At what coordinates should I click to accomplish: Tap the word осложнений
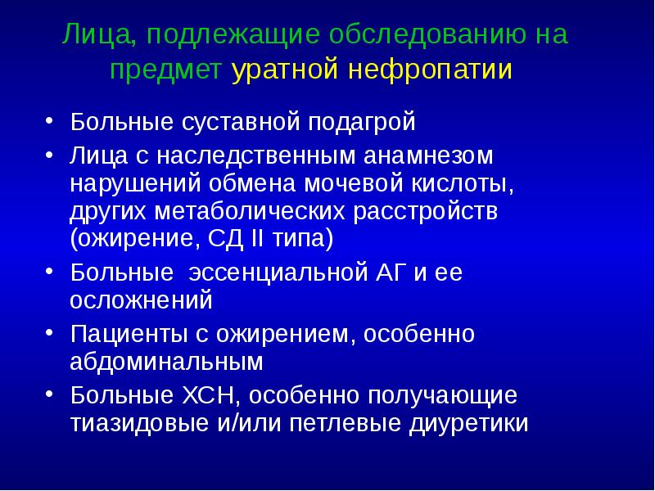[x=142, y=300]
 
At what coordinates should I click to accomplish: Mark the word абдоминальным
[x=166, y=362]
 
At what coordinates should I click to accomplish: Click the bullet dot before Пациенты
[x=52, y=332]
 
